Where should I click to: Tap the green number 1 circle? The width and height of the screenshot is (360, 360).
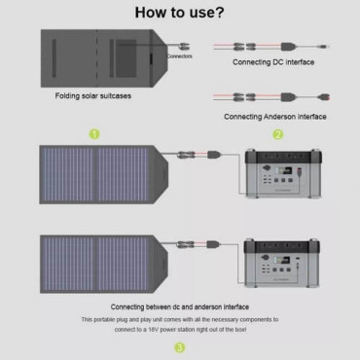click(x=94, y=134)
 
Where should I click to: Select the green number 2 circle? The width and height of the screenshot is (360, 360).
click(x=277, y=134)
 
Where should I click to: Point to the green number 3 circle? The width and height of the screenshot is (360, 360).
click(x=179, y=346)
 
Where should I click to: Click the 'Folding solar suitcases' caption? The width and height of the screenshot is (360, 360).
click(x=88, y=97)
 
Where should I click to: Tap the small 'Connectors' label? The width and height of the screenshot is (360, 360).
click(x=179, y=56)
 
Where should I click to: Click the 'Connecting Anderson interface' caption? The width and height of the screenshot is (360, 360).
click(x=275, y=116)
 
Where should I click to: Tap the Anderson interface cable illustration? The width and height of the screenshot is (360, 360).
click(x=272, y=96)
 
